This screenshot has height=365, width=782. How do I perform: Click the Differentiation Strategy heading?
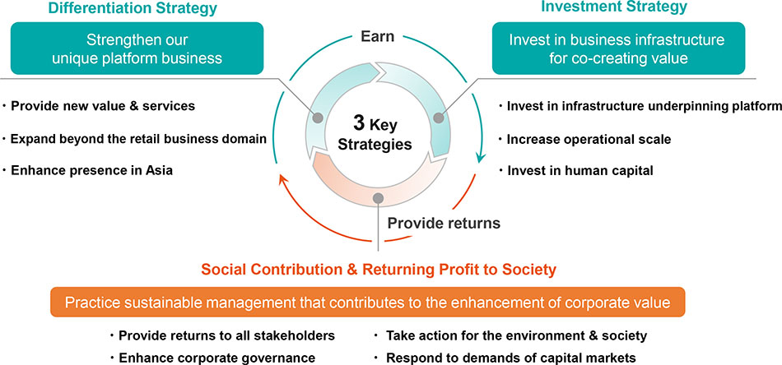click(x=133, y=8)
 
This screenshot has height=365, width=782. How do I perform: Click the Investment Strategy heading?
click(x=614, y=7)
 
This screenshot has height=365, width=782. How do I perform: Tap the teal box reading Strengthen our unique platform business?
click(x=137, y=49)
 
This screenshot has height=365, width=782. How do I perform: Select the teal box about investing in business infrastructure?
click(x=618, y=49)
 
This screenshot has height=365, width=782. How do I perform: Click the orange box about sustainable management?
click(x=368, y=303)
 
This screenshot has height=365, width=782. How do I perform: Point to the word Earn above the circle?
click(x=377, y=36)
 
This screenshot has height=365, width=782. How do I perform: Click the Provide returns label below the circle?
click(x=444, y=223)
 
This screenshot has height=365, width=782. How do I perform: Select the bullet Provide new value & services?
click(x=103, y=106)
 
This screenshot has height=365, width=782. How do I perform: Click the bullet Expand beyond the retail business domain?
click(x=138, y=139)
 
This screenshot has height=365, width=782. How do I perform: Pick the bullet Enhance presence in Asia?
click(x=91, y=170)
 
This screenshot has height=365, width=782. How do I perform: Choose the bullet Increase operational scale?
click(x=589, y=140)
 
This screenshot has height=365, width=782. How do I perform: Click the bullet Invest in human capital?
click(x=580, y=171)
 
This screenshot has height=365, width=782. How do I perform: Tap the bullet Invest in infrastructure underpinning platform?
click(x=644, y=106)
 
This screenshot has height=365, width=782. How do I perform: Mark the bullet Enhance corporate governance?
click(x=216, y=358)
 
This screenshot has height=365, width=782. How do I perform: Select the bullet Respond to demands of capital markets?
click(x=511, y=358)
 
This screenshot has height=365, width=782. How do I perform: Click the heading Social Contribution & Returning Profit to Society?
click(x=379, y=270)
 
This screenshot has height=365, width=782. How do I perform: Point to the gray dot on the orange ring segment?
click(x=378, y=198)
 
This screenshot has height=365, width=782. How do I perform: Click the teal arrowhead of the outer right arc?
click(x=480, y=157)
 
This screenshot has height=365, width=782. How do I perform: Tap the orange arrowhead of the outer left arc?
click(x=284, y=180)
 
